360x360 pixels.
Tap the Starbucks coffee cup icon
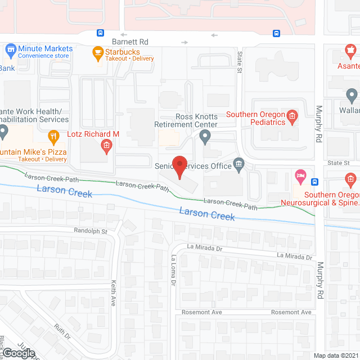click(x=98, y=54)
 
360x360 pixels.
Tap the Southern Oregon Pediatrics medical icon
click(x=291, y=117)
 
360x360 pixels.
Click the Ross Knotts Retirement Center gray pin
click(x=205, y=136)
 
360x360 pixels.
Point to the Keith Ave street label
click(x=113, y=292)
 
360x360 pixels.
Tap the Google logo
click(x=18, y=353)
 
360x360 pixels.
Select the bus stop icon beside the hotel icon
click(x=314, y=182)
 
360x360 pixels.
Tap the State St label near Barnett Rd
click(x=239, y=62)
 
